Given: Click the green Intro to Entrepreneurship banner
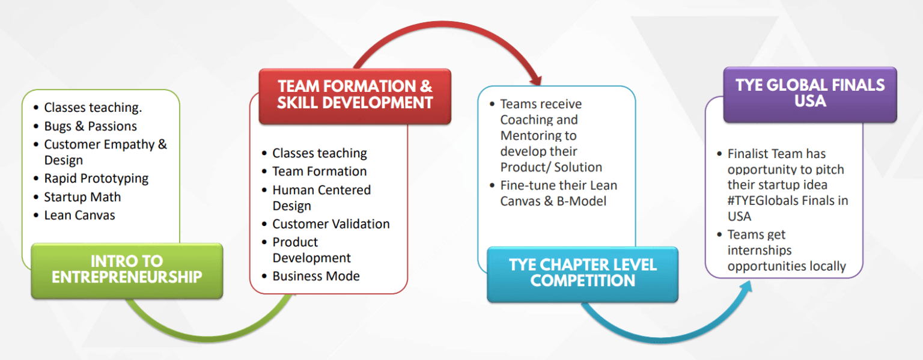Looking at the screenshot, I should [127, 270].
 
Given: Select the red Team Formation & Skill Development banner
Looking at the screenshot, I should [355, 95].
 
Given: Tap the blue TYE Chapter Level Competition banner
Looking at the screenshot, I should [582, 273].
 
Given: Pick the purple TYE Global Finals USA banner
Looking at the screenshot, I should [809, 93].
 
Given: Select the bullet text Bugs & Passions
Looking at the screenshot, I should [90, 126].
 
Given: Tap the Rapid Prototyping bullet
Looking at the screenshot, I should [96, 178].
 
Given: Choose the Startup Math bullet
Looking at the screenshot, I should [82, 197].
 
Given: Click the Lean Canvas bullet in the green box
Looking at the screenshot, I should [79, 215].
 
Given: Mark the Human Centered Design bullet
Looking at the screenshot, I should [321, 198].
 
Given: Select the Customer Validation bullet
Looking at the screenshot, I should [331, 224].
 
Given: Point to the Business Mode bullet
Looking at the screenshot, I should [315, 276].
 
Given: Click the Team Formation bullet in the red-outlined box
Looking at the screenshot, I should [319, 171].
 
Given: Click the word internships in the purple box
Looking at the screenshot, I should [760, 251].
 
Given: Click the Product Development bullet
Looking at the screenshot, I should [311, 250].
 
